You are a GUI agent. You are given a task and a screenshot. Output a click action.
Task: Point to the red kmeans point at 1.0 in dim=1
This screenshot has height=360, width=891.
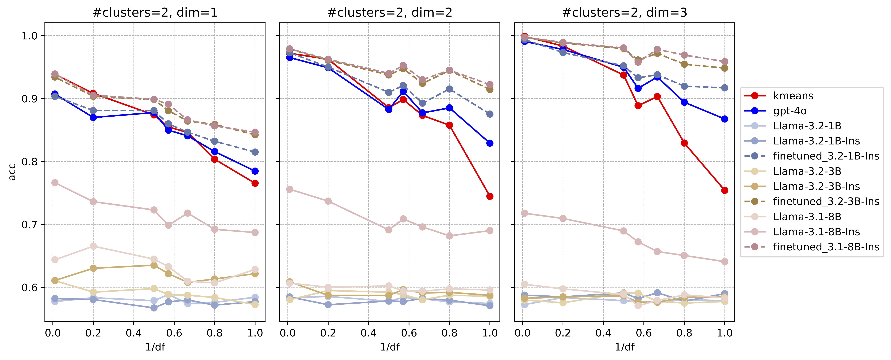click(255, 183)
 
